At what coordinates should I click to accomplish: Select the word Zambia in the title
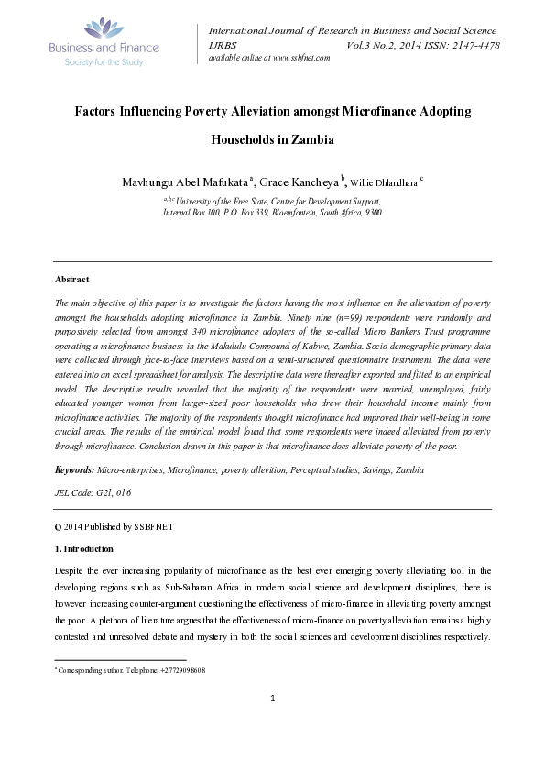coord(310,141)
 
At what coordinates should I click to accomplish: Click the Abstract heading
coord(72,279)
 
